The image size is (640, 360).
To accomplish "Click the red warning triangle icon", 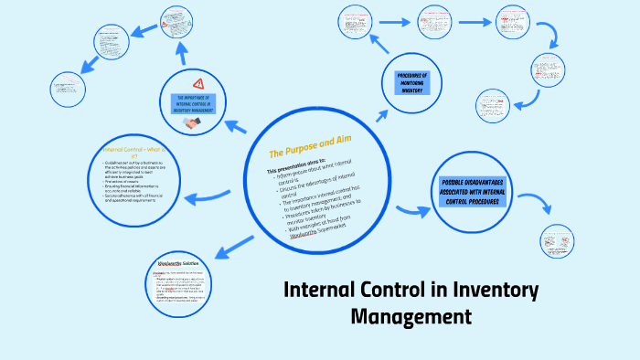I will click(x=199, y=84).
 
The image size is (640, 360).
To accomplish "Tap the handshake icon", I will click(x=192, y=122).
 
